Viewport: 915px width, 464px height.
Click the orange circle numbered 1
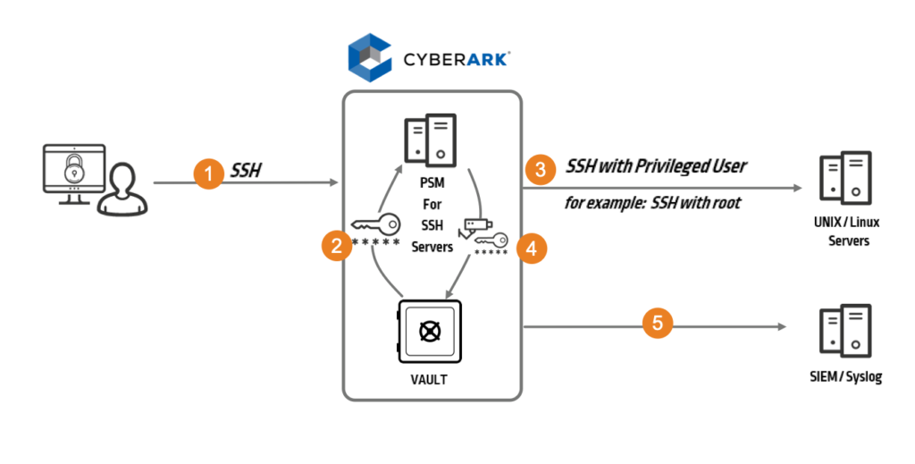[208, 173]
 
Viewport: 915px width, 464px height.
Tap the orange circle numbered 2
[336, 246]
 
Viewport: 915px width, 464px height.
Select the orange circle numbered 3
[540, 169]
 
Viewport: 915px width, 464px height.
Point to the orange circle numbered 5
[658, 323]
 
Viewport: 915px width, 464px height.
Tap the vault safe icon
[429, 331]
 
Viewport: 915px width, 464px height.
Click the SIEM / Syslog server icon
[844, 333]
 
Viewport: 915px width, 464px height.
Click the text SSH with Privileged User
[656, 165]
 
